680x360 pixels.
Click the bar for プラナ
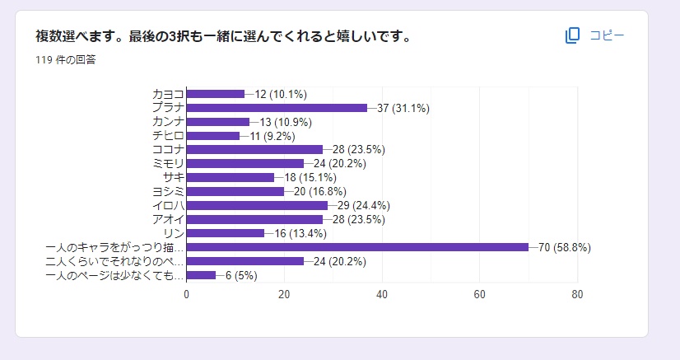coord(277,108)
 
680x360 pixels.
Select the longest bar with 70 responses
coord(357,247)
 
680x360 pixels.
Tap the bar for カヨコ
coord(216,94)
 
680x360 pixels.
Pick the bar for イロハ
coord(257,205)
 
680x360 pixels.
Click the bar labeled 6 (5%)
coord(201,275)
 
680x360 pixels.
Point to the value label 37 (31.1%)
coord(403,108)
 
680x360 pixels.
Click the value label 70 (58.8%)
coord(565,247)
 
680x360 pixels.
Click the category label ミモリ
coord(168,163)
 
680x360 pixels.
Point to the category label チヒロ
coord(168,135)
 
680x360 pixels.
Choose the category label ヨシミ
coord(168,191)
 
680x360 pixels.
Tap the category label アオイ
coord(168,219)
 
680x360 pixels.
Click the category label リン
coord(174,233)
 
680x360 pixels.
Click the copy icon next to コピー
coord(573,35)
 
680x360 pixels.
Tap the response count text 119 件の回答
coord(66,59)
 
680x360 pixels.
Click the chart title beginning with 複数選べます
coord(223,36)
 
